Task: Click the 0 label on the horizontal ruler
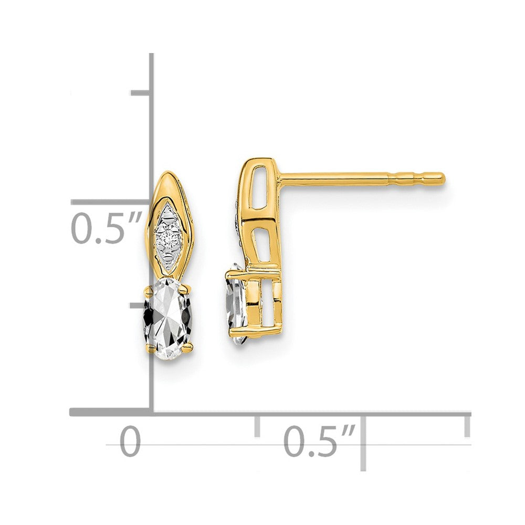pos(130,441)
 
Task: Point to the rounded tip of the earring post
pos(442,178)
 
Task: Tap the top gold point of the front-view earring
pos(167,172)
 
